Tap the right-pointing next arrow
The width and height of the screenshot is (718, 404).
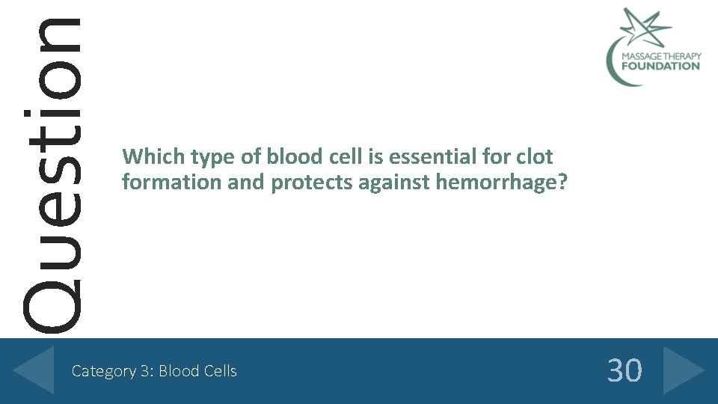(682, 370)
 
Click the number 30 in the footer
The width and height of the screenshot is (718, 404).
(624, 370)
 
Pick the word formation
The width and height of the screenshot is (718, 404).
(171, 183)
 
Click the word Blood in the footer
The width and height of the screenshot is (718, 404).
(179, 371)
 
